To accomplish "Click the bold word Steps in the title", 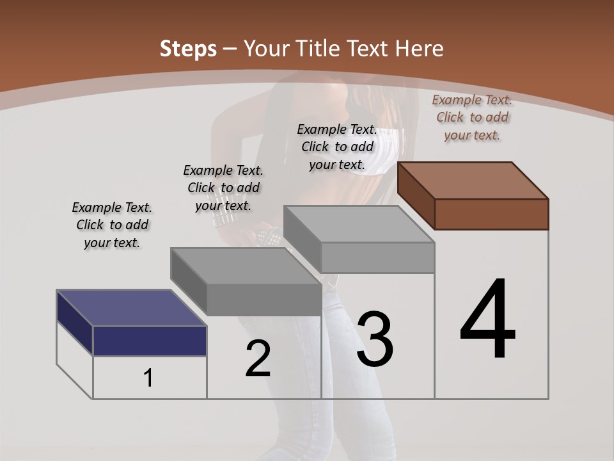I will tap(188, 49).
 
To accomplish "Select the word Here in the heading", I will tap(419, 49).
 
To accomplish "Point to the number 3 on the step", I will tap(375, 339).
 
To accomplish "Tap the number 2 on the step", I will tap(258, 359).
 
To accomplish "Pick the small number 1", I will tap(148, 378).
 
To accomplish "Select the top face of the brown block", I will tap(473, 180).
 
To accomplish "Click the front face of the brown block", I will tap(491, 214).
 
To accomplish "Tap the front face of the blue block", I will tap(150, 341).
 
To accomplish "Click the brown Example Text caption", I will tap(472, 117).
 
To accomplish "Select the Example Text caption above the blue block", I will tap(112, 225).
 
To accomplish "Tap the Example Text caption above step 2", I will tap(223, 188).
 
